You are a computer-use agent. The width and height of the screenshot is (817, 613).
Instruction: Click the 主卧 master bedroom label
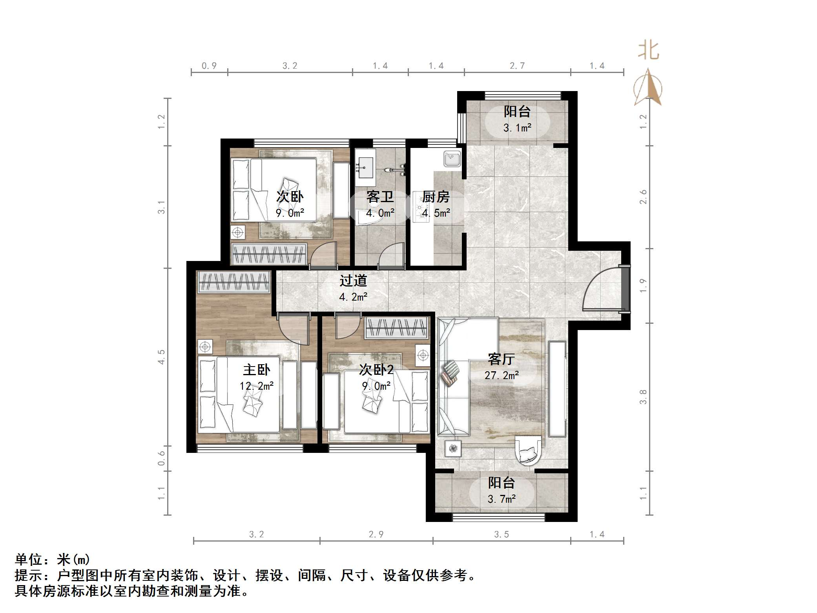[x=256, y=370]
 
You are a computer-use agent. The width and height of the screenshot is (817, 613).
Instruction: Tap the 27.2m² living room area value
[x=502, y=376]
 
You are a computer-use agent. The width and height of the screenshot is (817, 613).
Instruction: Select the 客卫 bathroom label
[x=379, y=197]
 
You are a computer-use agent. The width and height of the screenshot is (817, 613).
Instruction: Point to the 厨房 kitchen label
[x=436, y=197]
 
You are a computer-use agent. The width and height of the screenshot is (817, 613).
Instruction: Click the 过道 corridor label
[x=353, y=281]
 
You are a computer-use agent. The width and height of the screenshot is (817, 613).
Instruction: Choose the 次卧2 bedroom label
[x=376, y=369]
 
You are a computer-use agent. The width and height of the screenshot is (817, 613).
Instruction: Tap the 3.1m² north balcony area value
[x=517, y=128]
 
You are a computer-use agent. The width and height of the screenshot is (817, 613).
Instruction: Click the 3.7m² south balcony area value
[x=501, y=499]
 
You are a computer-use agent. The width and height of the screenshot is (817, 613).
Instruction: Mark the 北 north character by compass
[x=648, y=51]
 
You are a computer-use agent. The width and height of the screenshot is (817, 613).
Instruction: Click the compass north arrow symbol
[x=648, y=88]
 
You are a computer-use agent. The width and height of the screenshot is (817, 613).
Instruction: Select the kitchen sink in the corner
[x=452, y=159]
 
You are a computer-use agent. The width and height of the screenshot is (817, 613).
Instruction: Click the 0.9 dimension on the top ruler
[x=209, y=66]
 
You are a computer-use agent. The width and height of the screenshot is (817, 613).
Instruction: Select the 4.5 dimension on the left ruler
[x=161, y=357]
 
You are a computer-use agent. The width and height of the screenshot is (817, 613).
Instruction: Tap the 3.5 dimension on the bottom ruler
[x=501, y=535]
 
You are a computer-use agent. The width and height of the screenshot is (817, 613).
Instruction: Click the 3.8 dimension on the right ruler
[x=643, y=397]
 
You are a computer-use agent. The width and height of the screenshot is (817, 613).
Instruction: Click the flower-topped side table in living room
[x=454, y=448]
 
